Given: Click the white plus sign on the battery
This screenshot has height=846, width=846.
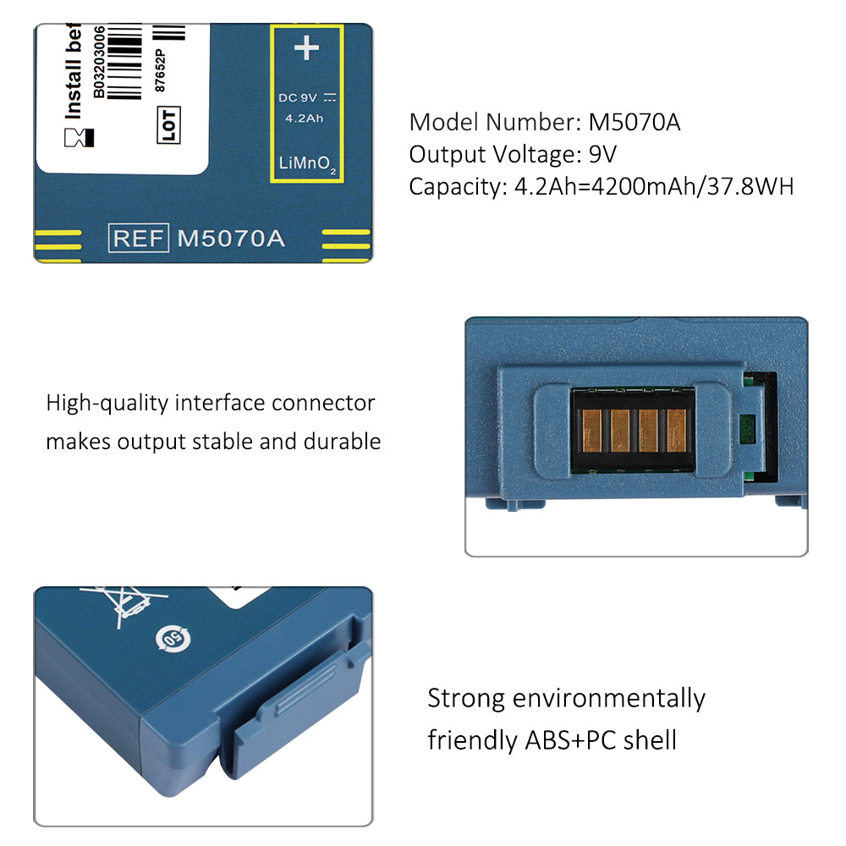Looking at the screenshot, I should (305, 48).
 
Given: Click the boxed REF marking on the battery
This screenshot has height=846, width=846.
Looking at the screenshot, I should (138, 238).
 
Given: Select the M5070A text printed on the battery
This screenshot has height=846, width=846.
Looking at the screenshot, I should (231, 238).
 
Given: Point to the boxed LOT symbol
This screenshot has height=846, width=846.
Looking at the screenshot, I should (169, 124).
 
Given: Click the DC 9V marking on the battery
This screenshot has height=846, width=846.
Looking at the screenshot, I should (299, 97).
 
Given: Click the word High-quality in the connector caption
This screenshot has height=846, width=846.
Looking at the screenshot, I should (107, 404).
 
